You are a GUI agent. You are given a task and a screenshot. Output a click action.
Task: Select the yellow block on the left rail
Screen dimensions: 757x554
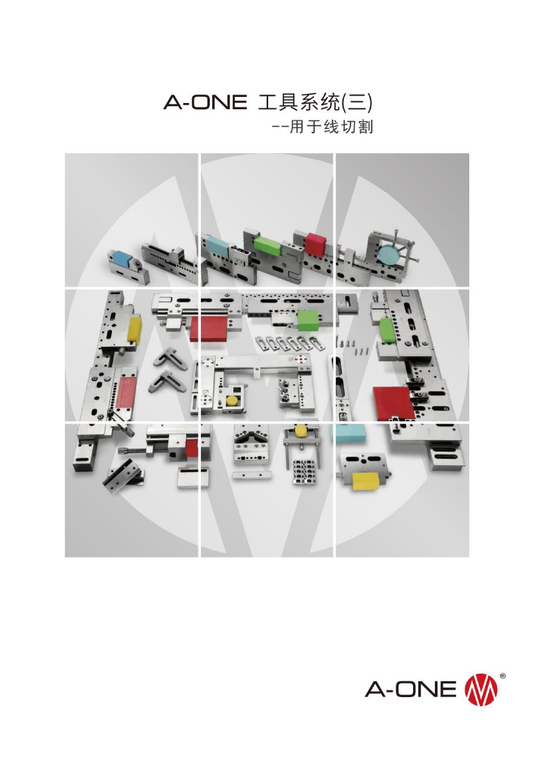(135, 329)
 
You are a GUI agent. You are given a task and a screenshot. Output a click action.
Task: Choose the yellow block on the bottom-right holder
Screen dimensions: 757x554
(368, 477)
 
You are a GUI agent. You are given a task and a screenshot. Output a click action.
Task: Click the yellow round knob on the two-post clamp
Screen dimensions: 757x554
(300, 431)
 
